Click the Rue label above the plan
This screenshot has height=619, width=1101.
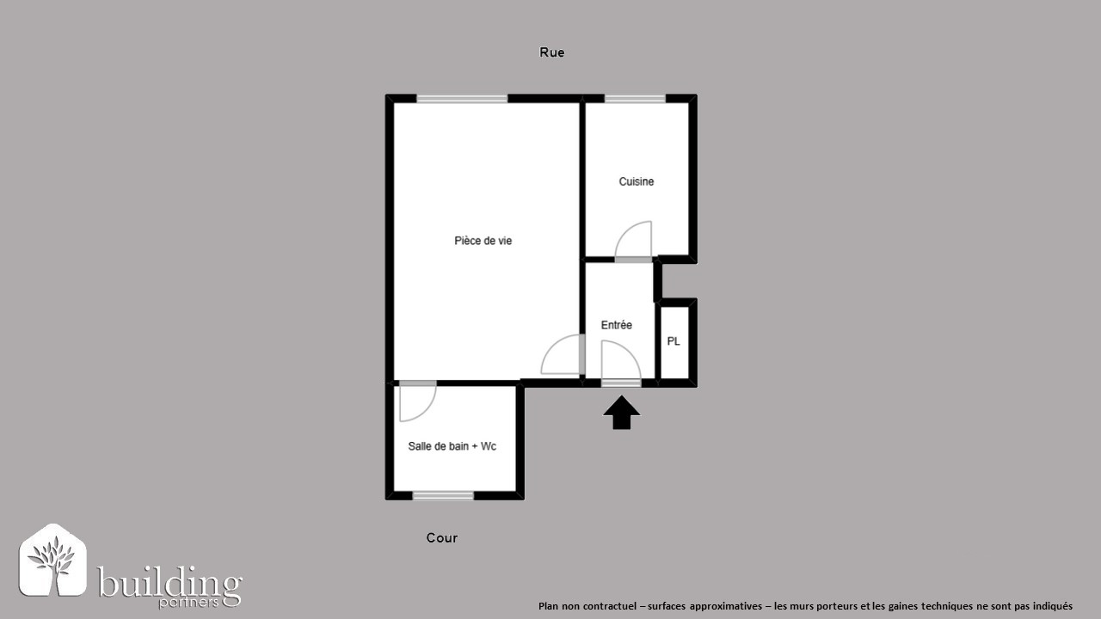point(551,52)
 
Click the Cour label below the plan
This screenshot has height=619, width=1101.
point(442,538)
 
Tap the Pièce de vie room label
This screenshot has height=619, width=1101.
point(483,241)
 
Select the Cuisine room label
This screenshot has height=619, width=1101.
point(636,181)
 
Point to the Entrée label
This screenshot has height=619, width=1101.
point(617,325)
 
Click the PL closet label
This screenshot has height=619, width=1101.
point(674,341)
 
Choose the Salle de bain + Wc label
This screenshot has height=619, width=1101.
point(452,446)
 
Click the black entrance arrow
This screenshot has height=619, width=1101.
point(621,412)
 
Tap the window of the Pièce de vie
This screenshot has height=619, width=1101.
point(462,99)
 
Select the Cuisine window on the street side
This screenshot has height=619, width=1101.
point(635,99)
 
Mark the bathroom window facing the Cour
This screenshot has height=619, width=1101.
point(443,496)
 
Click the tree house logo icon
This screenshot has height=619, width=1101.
point(53,560)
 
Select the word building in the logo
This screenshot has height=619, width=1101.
point(169,583)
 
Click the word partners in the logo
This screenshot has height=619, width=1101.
point(188,603)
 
